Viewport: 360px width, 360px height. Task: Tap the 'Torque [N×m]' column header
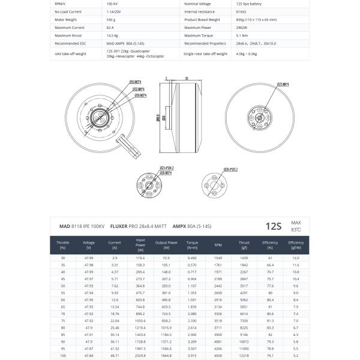pos(192,245)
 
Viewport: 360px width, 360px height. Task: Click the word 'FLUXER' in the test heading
pos(119,226)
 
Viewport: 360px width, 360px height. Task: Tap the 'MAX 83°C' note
pos(296,226)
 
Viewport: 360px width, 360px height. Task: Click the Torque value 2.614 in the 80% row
pos(192,328)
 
